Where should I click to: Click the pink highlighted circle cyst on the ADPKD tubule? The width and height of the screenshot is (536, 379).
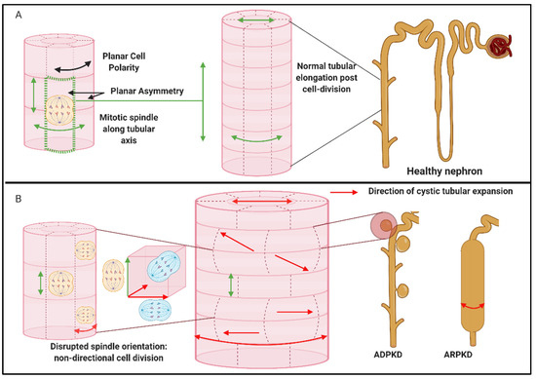click(387, 226)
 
